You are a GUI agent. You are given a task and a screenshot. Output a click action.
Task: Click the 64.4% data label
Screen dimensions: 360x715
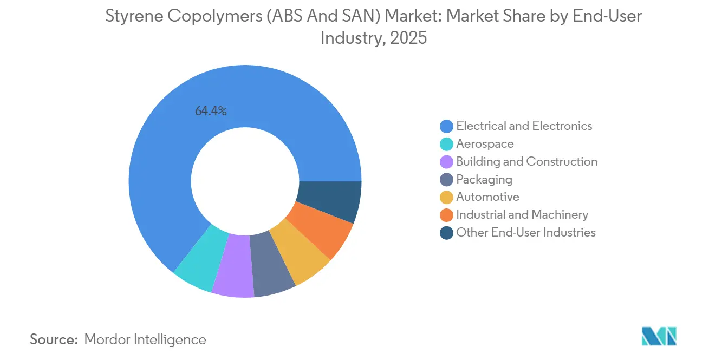tap(211, 112)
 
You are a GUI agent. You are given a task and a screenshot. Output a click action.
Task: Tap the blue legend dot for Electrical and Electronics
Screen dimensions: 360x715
tap(446, 126)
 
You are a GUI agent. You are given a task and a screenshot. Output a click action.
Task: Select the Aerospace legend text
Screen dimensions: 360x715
tap(485, 144)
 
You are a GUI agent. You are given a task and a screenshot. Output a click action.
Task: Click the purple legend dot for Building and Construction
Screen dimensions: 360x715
tap(446, 162)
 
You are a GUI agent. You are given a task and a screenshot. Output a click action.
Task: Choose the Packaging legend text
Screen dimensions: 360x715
tap(484, 179)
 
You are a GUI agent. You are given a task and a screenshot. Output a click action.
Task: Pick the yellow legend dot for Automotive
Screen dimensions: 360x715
tap(446, 197)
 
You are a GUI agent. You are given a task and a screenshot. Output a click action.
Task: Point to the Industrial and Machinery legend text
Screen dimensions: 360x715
tap(522, 215)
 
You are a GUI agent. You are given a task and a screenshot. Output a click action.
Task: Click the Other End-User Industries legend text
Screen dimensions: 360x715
tap(525, 233)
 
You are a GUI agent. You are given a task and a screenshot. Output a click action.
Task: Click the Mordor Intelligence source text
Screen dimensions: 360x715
tap(145, 339)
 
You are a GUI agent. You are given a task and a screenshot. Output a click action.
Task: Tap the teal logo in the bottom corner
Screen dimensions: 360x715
tap(659, 336)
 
